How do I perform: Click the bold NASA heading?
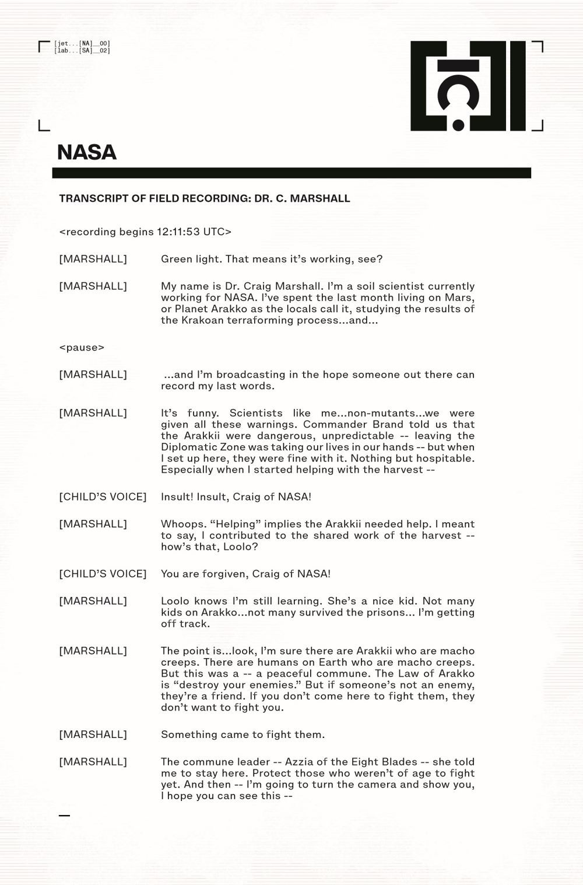[x=87, y=152]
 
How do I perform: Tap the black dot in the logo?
[x=458, y=124]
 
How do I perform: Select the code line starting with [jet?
[x=82, y=44]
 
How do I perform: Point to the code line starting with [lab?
[x=82, y=51]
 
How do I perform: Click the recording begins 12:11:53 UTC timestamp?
[x=145, y=232]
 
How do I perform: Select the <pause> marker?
[x=82, y=348]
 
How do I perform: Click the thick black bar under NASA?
[x=291, y=173]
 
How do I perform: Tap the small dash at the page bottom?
[x=64, y=815]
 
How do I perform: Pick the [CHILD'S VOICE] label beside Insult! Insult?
[x=103, y=497]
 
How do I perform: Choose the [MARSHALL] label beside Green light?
[x=93, y=259]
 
